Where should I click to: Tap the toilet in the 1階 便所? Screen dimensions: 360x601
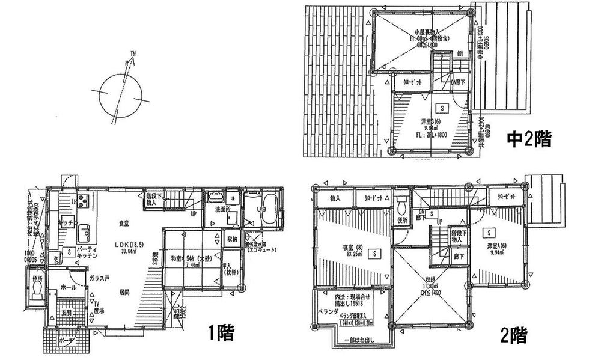[37, 291]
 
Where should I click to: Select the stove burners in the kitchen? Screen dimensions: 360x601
[81, 201]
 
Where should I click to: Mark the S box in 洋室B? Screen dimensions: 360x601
[442, 109]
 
